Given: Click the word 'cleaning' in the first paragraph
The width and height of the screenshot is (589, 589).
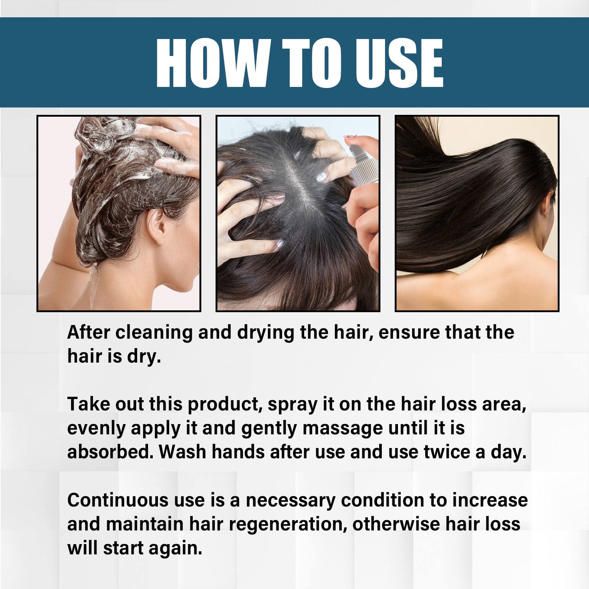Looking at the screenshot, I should coord(154,332).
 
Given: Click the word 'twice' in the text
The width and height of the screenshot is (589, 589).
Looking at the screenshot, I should coord(447,452).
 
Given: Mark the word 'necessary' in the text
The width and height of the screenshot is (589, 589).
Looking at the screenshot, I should coord(290,500).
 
